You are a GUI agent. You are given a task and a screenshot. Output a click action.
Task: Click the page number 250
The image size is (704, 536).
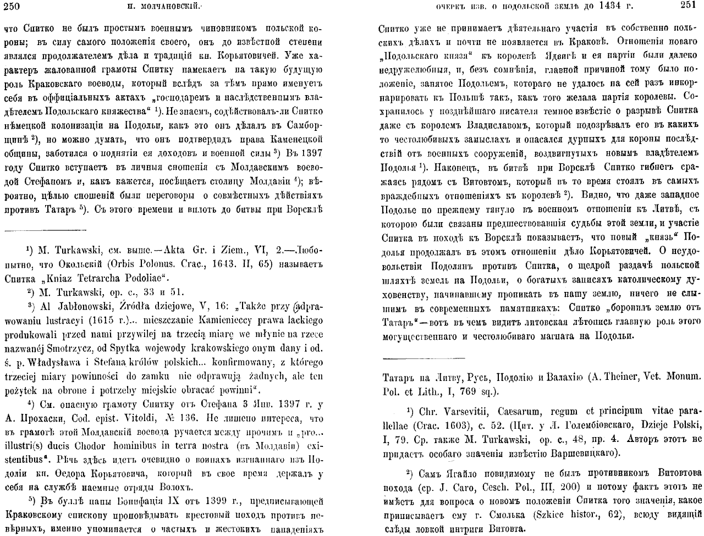click(12, 6)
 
